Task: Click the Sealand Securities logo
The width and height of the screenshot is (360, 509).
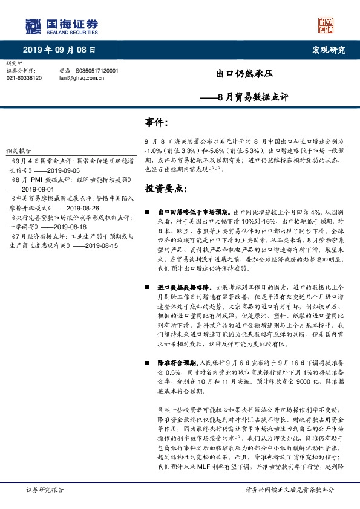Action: click(61, 27)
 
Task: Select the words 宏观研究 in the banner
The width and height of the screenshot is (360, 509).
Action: click(329, 50)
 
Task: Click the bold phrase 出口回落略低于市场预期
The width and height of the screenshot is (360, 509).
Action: click(193, 213)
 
